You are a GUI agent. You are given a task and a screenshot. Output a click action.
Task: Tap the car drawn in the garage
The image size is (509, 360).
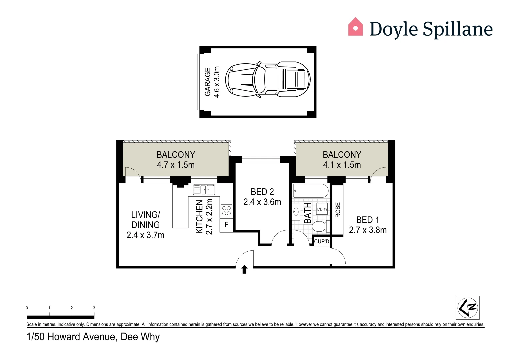(x=268, y=80)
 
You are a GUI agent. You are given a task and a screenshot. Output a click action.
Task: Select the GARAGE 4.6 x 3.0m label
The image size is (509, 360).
(x=212, y=82)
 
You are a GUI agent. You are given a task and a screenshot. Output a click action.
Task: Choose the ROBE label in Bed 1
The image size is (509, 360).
(x=338, y=210)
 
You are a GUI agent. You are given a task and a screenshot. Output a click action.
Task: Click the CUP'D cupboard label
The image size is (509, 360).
(x=322, y=241)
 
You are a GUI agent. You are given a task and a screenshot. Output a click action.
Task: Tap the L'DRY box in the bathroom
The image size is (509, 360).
(x=322, y=209)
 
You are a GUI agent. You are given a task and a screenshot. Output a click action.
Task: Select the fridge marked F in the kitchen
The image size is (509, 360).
(x=226, y=225)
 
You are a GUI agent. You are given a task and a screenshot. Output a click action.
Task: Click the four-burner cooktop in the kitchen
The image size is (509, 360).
(x=226, y=211)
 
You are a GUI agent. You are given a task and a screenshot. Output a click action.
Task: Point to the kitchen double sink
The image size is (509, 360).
(x=204, y=190)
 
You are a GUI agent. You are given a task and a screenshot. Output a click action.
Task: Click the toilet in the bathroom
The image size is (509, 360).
(x=319, y=226)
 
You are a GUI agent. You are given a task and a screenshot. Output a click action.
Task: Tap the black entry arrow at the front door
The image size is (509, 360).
(x=244, y=269)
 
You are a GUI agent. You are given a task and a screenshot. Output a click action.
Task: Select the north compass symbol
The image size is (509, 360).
(x=468, y=308)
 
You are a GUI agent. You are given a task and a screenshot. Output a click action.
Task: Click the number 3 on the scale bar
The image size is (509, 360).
(x=94, y=308)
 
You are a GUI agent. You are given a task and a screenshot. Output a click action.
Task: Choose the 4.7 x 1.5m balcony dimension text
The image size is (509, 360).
(x=176, y=165)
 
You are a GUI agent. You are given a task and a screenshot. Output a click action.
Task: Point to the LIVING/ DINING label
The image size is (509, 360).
(x=146, y=220)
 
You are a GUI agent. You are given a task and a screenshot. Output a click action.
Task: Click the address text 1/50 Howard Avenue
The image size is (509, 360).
(x=93, y=337)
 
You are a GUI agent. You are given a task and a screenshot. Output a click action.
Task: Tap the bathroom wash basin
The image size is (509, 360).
(x=296, y=212)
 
